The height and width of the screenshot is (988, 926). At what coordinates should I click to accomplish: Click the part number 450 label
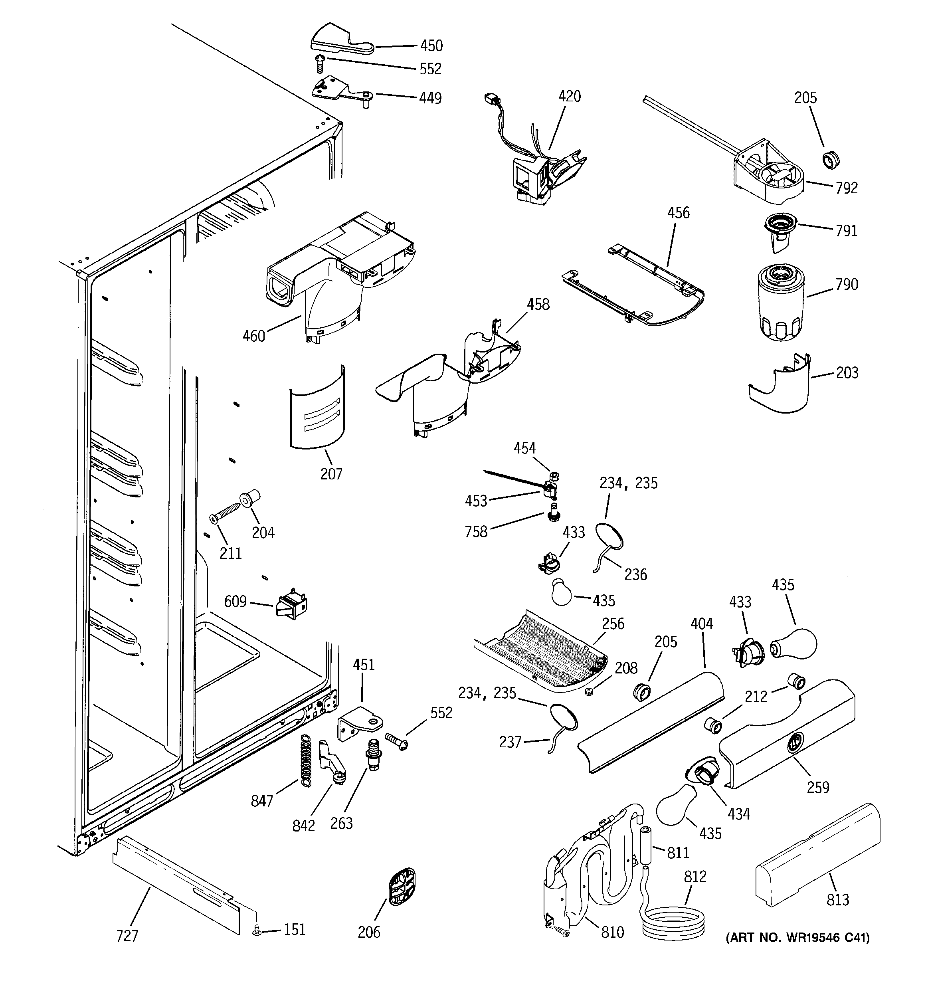[431, 46]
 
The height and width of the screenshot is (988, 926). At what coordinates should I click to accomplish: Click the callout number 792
[847, 188]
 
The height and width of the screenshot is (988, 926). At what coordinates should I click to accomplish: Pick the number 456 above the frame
[678, 213]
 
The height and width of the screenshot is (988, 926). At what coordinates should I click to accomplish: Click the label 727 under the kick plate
[127, 936]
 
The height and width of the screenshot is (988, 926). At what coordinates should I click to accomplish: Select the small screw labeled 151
[257, 929]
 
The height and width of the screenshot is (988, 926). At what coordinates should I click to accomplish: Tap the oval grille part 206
[401, 887]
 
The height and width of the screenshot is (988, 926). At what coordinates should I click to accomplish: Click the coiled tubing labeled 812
[673, 922]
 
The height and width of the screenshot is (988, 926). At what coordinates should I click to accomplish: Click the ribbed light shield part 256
[542, 651]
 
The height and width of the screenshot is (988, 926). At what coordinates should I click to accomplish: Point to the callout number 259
[818, 787]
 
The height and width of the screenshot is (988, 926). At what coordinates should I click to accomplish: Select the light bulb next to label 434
[675, 806]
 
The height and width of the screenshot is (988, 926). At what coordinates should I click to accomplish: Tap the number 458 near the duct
[538, 304]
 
